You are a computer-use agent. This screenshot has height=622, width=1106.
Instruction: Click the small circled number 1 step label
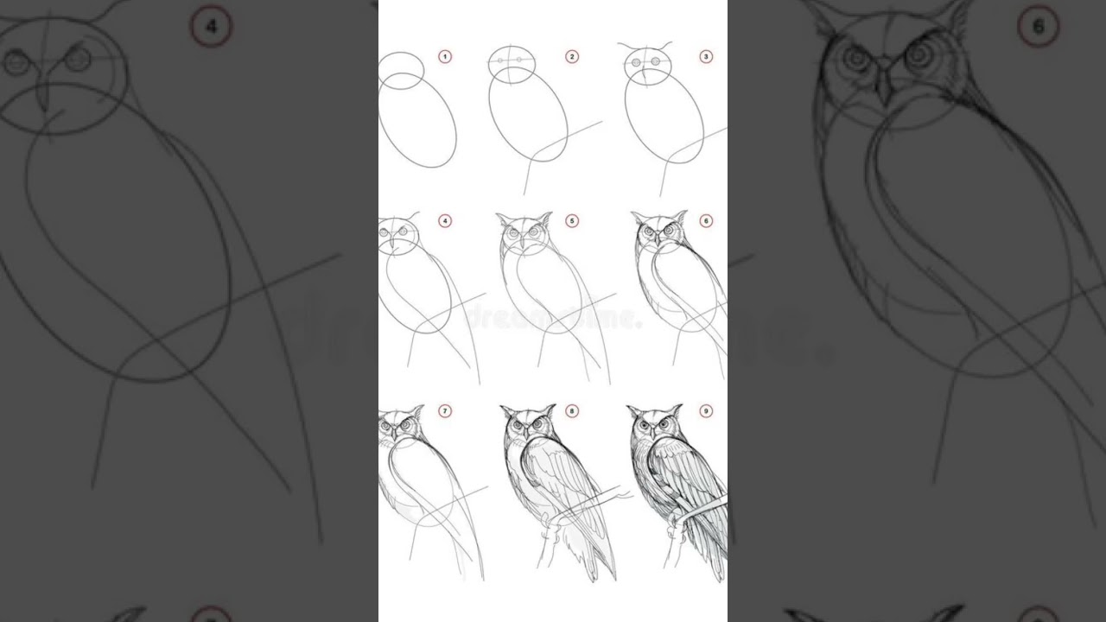(445, 57)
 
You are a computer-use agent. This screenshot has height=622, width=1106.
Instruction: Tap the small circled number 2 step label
(572, 57)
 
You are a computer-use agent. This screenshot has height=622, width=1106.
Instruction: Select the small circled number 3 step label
(706, 57)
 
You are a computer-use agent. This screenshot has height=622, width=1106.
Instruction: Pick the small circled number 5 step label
(572, 221)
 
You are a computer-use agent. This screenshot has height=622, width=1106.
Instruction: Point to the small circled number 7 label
(445, 411)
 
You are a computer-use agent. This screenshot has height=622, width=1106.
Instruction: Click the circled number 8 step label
(572, 411)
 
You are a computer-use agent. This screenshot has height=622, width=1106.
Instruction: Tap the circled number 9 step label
(706, 411)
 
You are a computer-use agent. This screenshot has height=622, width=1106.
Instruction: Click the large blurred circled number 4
(211, 28)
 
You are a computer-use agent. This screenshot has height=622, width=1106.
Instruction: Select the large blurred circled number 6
(1038, 28)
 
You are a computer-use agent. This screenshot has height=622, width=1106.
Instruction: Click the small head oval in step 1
(401, 67)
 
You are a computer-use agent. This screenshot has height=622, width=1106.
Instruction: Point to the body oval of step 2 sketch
(527, 117)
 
